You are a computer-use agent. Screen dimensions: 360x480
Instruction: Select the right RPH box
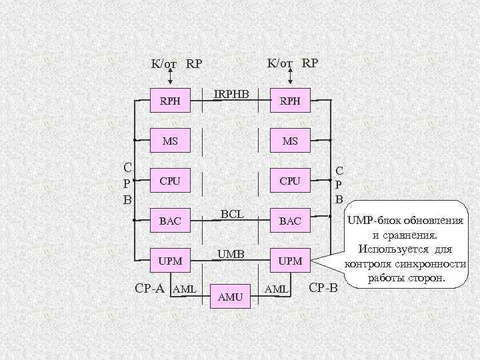[289, 101]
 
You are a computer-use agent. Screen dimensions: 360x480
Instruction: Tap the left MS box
[170, 141]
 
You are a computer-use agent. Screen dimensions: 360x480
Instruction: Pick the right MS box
[290, 141]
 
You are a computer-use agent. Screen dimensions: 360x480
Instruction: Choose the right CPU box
[290, 181]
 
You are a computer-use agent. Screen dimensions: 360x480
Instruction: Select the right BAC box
[290, 221]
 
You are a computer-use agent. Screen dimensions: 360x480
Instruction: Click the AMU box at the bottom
[230, 297]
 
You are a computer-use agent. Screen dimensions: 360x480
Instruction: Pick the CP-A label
[150, 288]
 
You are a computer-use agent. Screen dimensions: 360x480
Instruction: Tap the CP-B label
[324, 288]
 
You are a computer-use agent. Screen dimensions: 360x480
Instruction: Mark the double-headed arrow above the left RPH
[169, 78]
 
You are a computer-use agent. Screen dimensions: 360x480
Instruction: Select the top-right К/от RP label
[291, 63]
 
